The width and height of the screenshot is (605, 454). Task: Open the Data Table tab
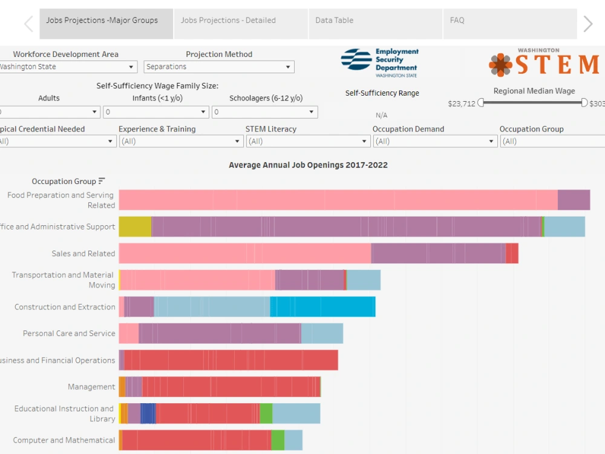tap(376, 24)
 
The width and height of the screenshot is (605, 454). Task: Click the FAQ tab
tap(510, 24)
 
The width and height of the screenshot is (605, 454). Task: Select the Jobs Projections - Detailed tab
tap(241, 24)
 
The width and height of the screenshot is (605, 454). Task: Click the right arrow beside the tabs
tap(587, 24)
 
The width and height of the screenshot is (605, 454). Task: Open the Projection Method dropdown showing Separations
tap(219, 67)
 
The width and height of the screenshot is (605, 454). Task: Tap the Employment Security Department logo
tap(380, 63)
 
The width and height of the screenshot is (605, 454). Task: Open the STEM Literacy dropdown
tap(307, 141)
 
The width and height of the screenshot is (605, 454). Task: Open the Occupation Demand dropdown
tap(435, 141)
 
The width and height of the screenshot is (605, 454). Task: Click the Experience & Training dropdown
tap(180, 141)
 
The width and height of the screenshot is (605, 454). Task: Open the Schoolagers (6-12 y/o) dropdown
tap(265, 112)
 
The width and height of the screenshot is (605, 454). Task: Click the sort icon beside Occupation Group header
tap(102, 181)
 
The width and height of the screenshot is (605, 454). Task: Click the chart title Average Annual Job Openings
tap(308, 165)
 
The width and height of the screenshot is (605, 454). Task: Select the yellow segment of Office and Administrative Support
tap(135, 226)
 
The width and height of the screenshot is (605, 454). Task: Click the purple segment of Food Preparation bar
tap(574, 200)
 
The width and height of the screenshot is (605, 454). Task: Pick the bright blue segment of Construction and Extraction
tap(322, 306)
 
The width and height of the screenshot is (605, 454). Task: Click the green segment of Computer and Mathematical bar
tap(278, 440)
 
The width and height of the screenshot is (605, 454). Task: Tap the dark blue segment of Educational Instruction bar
tap(148, 413)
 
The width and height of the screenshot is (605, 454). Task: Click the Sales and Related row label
tap(83, 254)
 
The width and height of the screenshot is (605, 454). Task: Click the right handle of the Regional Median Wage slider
tap(584, 103)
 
